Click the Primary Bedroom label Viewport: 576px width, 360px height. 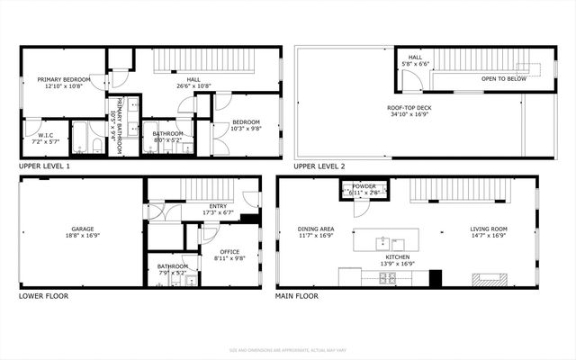[x=60, y=79]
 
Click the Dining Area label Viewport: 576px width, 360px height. [x=316, y=229]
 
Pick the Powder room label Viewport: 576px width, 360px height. [x=364, y=187]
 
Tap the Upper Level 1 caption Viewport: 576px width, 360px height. [x=44, y=166]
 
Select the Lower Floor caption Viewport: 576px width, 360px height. [x=43, y=295]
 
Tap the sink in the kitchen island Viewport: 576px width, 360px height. [x=382, y=241]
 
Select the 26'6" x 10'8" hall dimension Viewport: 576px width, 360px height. [x=193, y=86]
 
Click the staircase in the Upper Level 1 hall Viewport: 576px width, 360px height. [x=198, y=60]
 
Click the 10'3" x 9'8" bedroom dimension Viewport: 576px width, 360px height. [x=246, y=129]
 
